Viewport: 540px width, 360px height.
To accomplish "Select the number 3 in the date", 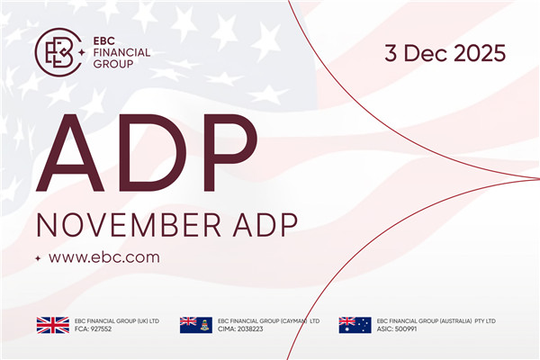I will coord(391,53).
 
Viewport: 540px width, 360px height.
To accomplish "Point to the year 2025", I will coord(478,53).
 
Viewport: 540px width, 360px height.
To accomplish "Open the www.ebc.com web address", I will coord(103,257).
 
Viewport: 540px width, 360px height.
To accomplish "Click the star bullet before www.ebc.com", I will coord(38,258).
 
